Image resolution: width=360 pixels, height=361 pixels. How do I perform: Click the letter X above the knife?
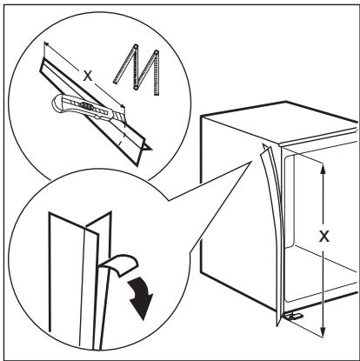(x=84, y=75)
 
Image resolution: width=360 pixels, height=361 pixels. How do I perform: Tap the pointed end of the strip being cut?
(x=150, y=150)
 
